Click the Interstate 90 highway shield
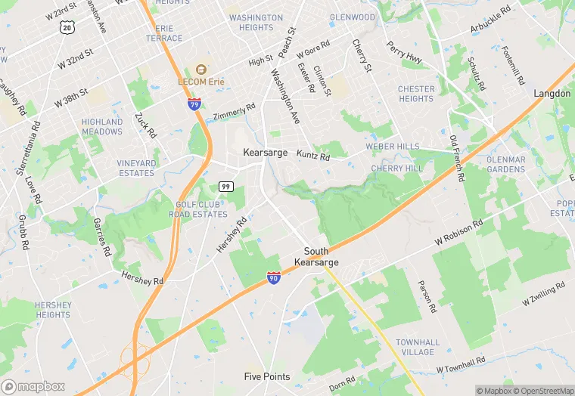tap(274, 278)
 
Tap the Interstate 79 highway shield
tap(194, 104)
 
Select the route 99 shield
tap(226, 186)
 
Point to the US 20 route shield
tap(67, 27)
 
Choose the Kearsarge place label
tap(266, 152)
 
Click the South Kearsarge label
tap(322, 256)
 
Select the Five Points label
tap(266, 376)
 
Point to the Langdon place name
tap(552, 93)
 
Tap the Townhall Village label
tap(417, 347)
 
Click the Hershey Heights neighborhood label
tap(53, 310)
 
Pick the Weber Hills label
tap(392, 146)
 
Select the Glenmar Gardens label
tap(506, 164)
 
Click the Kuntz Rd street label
tap(314, 157)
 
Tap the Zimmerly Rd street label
tap(235, 114)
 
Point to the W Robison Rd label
tap(458, 234)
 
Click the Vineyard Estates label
tap(136, 168)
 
